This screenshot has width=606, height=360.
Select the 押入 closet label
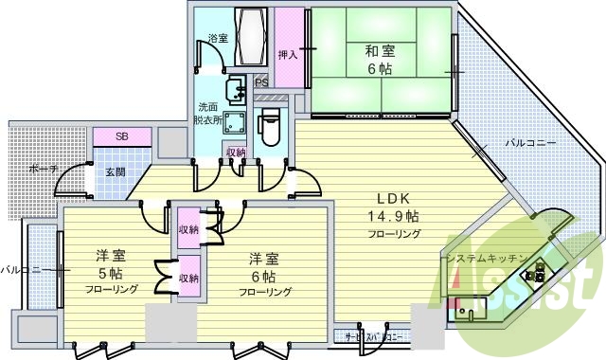tap(289, 55)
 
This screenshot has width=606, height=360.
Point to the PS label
tap(261, 82)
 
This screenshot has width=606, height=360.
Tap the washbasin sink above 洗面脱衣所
tap(239, 86)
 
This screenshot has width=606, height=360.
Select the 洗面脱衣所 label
tap(210, 114)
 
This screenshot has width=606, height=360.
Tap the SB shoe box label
tap(122, 136)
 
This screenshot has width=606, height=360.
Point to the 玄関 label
tap(116, 171)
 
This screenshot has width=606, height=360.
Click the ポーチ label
tap(41, 170)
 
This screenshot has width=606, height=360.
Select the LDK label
tap(392, 200)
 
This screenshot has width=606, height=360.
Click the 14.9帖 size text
tap(392, 216)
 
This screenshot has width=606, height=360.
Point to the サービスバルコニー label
tap(375, 336)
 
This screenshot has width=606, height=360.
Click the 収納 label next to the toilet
tap(236, 152)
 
